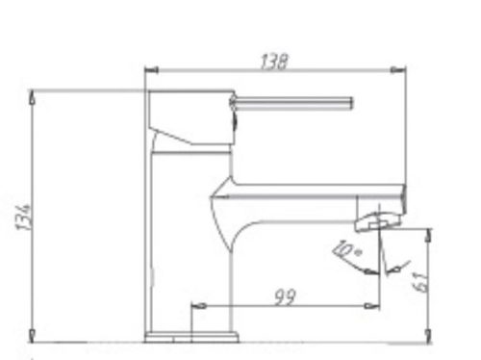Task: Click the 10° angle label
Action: pos(342,253)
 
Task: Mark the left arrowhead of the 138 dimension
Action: pos(148,69)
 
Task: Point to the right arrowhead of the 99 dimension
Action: pos(375,306)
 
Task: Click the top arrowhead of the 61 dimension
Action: pos(429,232)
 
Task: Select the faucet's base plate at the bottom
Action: pos(190,337)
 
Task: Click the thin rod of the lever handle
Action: pos(293,102)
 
